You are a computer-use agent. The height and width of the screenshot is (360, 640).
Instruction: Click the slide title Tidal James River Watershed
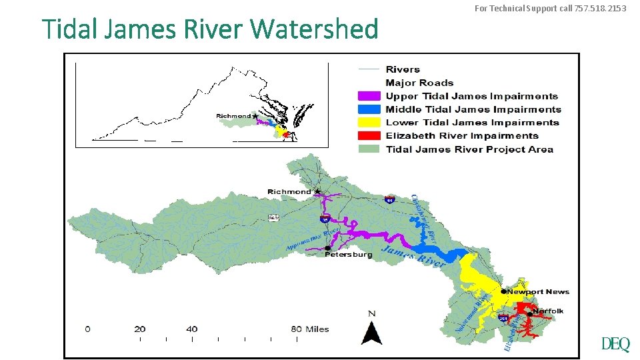point(210,29)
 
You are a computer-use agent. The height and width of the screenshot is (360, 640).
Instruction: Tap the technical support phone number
point(599,9)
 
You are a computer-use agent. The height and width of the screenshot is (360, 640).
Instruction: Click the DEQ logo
point(615,345)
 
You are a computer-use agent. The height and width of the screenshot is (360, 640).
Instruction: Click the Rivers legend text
point(403,69)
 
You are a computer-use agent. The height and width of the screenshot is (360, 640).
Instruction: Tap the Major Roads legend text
point(419,83)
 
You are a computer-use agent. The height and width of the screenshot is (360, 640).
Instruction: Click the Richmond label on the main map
point(289,192)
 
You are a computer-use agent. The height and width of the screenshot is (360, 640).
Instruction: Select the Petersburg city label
point(349,255)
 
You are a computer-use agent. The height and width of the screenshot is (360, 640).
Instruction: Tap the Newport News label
point(539,292)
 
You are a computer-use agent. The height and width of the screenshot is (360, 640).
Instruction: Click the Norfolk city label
point(548,311)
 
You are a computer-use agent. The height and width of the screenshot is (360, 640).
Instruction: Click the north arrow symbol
point(371,329)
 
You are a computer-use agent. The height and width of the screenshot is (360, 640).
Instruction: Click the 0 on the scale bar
point(88,329)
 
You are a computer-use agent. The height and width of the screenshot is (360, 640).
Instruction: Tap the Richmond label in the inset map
point(233,116)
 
